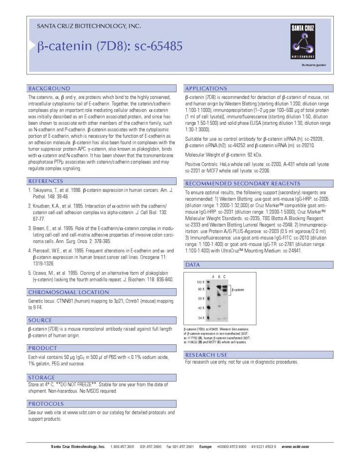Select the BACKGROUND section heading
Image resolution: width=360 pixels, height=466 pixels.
(49, 89)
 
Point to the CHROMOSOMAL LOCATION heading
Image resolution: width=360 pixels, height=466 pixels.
(68, 292)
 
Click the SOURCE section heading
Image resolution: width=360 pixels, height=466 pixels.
(40, 320)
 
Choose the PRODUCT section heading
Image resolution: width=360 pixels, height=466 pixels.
(43, 348)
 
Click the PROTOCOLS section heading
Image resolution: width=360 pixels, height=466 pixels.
(46, 404)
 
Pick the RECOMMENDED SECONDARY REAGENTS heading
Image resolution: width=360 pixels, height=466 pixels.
(242, 183)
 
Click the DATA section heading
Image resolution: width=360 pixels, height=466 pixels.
(193, 264)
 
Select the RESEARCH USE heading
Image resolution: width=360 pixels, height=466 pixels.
(206, 355)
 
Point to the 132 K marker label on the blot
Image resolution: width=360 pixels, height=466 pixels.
(200, 282)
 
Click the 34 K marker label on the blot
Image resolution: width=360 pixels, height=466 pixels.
(200, 318)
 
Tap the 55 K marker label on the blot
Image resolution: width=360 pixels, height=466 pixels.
(200, 298)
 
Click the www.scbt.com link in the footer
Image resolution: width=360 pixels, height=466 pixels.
(295, 447)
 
